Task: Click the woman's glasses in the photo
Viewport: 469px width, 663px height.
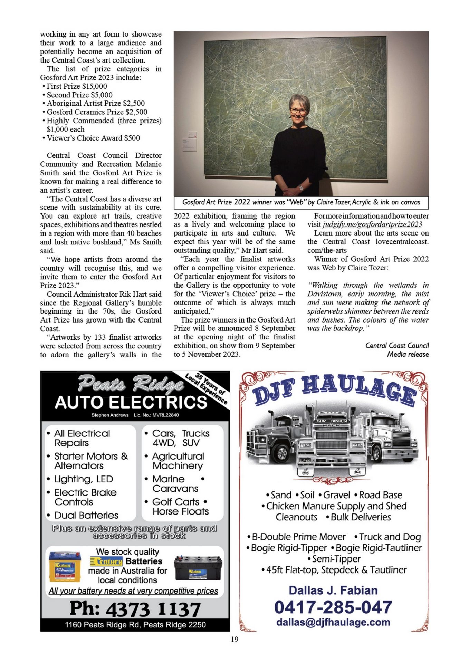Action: click(298, 111)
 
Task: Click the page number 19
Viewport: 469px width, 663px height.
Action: click(234, 639)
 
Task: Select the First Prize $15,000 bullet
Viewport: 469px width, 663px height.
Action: click(77, 86)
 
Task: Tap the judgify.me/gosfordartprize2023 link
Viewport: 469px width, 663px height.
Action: click(372, 224)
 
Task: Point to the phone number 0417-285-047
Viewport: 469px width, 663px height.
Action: click(333, 607)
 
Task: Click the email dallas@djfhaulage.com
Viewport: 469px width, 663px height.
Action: click(333, 622)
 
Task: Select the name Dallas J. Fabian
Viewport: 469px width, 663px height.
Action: click(333, 590)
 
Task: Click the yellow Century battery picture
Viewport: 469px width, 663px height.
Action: click(65, 566)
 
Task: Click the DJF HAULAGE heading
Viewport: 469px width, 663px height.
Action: click(334, 390)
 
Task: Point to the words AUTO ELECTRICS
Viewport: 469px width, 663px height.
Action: click(131, 403)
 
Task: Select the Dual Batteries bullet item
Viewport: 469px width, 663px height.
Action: click(86, 515)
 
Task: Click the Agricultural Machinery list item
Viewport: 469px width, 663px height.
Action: click(178, 461)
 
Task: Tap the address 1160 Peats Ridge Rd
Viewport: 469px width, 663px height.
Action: click(135, 625)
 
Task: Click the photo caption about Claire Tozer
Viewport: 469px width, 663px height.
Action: click(301, 202)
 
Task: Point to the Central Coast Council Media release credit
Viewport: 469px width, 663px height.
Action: click(397, 350)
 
